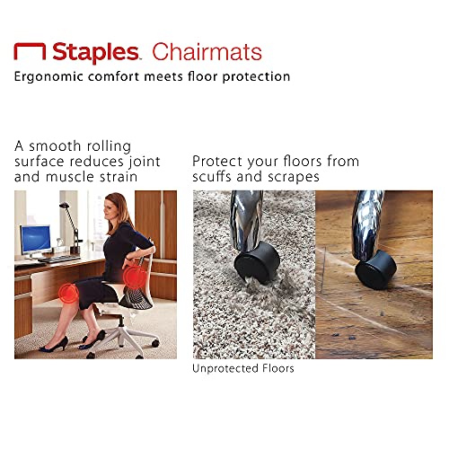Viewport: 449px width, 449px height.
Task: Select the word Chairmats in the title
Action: (206, 51)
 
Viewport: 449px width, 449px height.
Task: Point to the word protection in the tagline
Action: (254, 76)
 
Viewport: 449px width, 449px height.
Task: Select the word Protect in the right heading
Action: (219, 161)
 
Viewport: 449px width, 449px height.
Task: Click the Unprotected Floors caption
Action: (242, 368)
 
